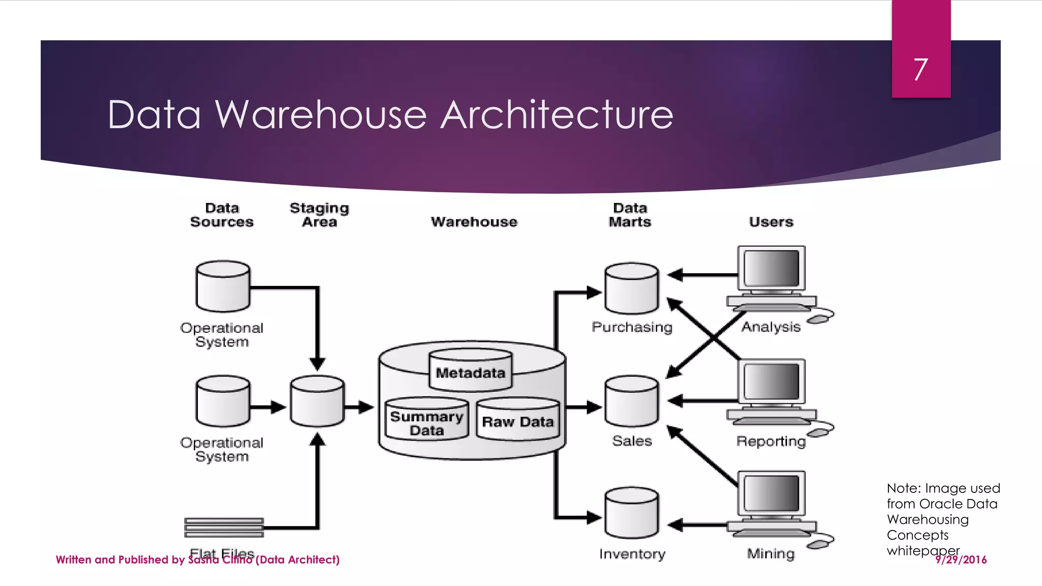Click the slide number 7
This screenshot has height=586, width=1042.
pos(920,69)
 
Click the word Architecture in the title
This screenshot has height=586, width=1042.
pos(557,115)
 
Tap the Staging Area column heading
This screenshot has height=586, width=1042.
pos(319,215)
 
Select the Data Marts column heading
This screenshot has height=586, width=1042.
pos(630,215)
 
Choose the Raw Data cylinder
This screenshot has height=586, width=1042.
pos(517,420)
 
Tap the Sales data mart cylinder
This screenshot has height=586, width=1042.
pos(631,402)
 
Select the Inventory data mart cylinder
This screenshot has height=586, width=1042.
pos(631,514)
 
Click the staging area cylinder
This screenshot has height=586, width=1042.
pos(317,402)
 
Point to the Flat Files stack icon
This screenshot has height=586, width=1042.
pos(224,528)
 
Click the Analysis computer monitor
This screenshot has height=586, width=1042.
pos(771,269)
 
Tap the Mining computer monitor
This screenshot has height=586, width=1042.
pos(771,493)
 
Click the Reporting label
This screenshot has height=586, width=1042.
pos(771,441)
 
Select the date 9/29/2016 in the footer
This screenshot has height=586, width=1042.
pos(961,560)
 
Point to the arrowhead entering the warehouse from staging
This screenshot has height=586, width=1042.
pos(366,407)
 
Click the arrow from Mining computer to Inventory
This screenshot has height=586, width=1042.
pos(702,525)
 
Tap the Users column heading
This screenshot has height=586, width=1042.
pos(771,222)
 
